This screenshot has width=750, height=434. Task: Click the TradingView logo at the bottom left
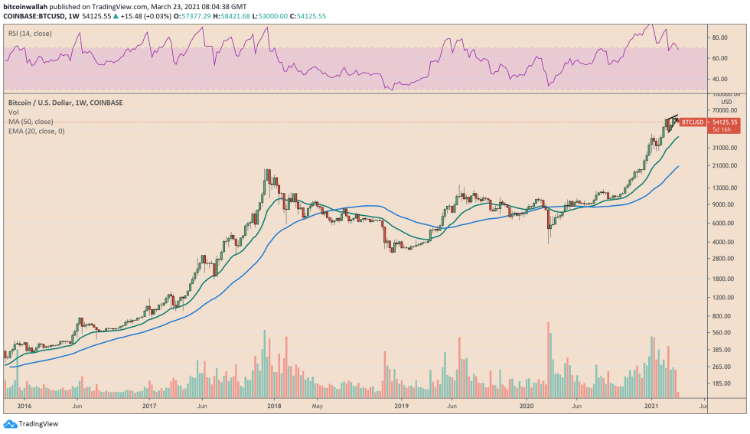[x=31, y=423]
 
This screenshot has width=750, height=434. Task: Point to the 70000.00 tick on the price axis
[x=724, y=111]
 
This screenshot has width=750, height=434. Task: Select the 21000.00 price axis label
[x=724, y=166]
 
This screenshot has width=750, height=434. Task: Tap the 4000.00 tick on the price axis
[x=722, y=242]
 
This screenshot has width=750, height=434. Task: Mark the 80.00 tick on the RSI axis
[x=720, y=37]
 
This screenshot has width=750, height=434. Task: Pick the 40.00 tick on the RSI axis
[x=720, y=79]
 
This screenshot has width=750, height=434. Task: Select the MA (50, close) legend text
[x=30, y=122]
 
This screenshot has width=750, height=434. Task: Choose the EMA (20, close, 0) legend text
[x=36, y=132]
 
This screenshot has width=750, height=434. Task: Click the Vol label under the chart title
[x=13, y=112]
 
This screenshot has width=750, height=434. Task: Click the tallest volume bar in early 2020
[x=548, y=360]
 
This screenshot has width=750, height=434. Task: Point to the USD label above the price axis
[x=726, y=101]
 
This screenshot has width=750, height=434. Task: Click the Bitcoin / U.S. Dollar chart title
[x=65, y=103]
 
